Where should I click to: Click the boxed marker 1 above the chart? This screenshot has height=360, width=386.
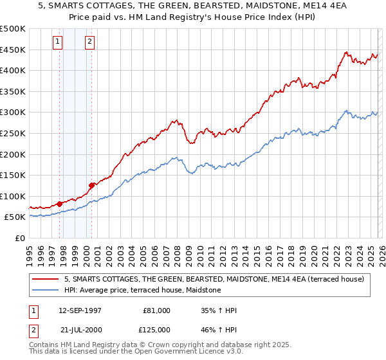tap(58, 42)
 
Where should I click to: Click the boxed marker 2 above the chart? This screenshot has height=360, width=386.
tap(89, 42)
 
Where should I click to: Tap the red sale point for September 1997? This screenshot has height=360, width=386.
tap(60, 204)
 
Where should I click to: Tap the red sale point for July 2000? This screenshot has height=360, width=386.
tap(92, 185)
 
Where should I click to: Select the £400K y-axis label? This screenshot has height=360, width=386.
tap(14, 70)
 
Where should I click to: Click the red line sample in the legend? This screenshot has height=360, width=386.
tap(46, 279)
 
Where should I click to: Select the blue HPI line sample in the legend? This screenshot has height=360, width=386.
tap(46, 291)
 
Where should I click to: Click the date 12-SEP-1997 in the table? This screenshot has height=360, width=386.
tap(84, 310)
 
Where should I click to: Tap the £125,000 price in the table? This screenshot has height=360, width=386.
tap(157, 330)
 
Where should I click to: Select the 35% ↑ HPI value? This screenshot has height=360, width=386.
tap(219, 310)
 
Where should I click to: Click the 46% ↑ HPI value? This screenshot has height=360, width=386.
tap(219, 330)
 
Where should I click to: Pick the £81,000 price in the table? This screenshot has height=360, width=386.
tap(157, 310)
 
